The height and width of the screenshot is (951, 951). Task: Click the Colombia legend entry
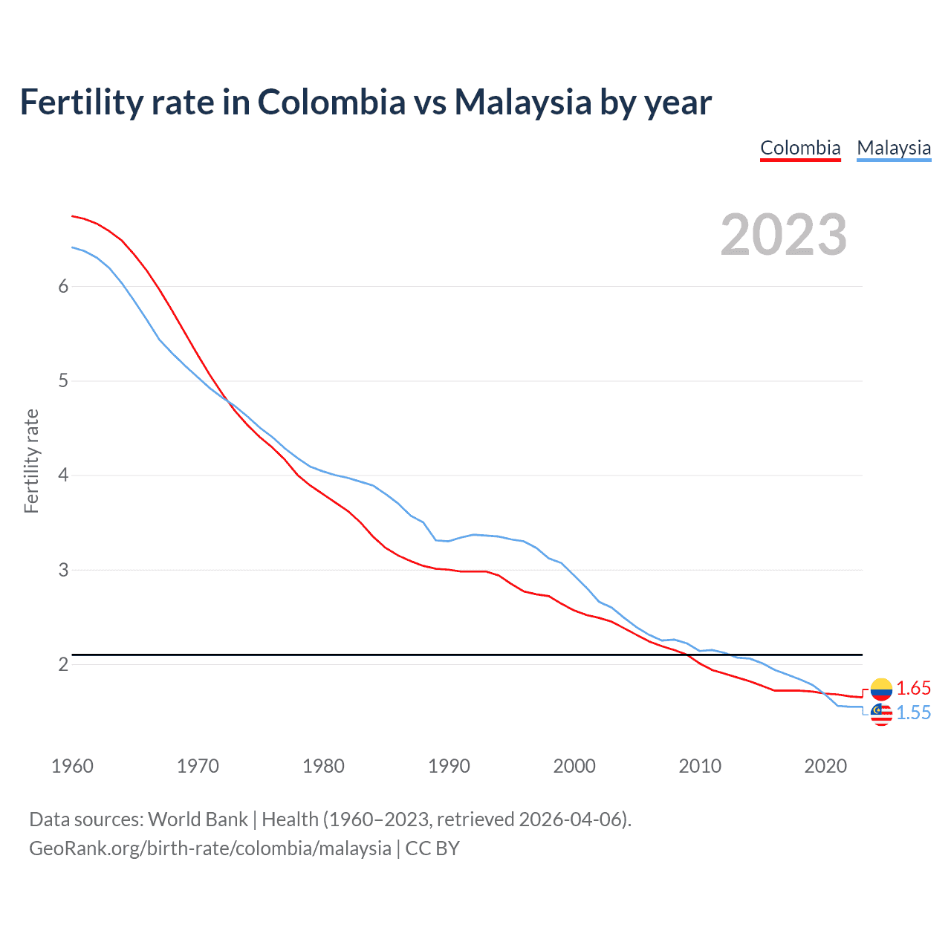(800, 148)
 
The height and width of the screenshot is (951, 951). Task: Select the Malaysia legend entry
(894, 148)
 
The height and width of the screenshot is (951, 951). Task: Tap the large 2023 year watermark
(784, 235)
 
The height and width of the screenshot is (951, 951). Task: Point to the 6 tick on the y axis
(63, 287)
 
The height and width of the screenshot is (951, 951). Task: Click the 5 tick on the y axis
(63, 381)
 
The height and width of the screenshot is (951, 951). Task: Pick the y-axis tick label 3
(63, 570)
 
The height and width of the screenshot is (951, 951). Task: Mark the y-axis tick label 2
(63, 664)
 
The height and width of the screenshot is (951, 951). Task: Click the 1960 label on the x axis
(72, 766)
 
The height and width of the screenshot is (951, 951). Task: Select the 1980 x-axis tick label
(323, 766)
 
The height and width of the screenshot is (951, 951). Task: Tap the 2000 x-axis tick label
(574, 766)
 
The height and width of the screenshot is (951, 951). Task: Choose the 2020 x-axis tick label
(825, 766)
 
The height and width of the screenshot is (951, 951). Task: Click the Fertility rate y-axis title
(31, 461)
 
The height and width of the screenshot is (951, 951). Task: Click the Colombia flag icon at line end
(881, 689)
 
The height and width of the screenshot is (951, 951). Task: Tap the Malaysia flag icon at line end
(881, 713)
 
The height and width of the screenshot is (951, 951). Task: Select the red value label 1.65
(913, 689)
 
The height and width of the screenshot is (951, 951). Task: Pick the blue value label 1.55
(913, 713)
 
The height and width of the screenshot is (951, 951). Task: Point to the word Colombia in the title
(331, 102)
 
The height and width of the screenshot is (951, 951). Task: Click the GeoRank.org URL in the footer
(210, 848)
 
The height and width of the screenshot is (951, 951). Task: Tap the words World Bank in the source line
(198, 819)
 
